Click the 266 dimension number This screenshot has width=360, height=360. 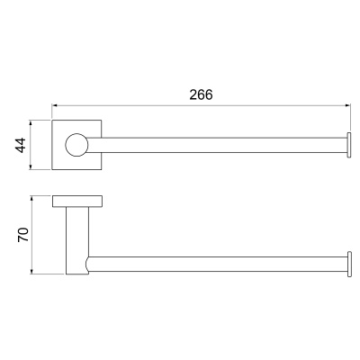tap(201, 94)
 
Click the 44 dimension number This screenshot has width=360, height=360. tap(21, 145)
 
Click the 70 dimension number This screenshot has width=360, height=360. tap(23, 235)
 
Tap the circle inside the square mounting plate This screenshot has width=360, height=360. tap(76, 145)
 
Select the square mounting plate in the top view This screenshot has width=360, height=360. tap(76, 145)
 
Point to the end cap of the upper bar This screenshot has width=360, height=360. tap(349, 145)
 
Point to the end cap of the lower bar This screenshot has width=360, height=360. tap(349, 265)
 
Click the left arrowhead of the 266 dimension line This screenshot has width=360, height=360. tap(54, 105)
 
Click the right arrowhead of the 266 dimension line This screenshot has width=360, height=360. tap(348, 105)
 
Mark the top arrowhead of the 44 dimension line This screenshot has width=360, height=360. tap(30, 122)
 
